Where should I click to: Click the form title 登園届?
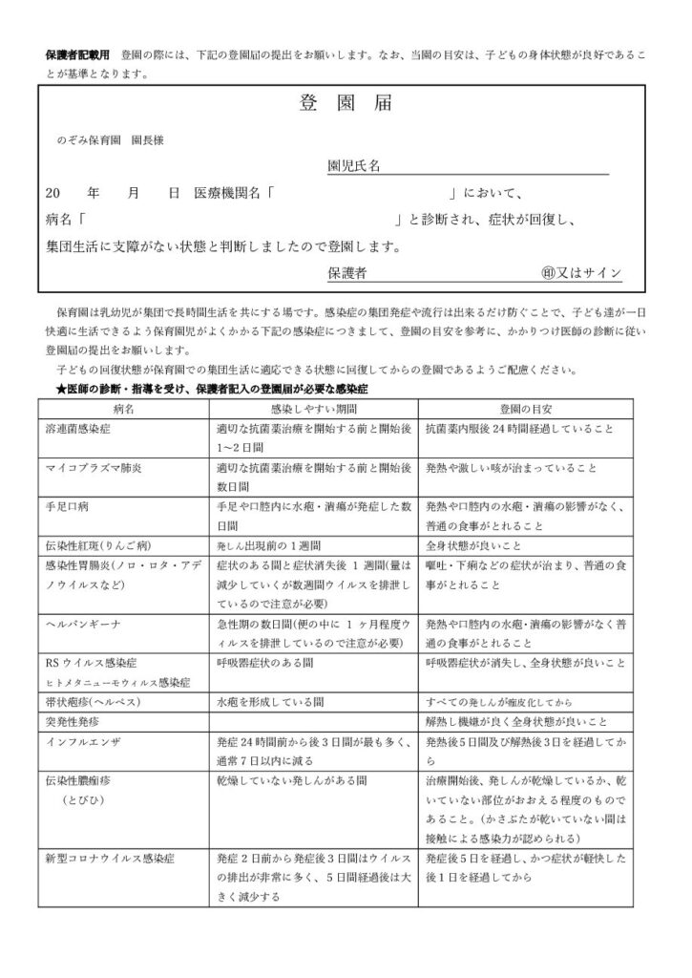[x=346, y=103]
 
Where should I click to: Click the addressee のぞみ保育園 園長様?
[x=111, y=139]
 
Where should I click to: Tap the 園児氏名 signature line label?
[x=354, y=165]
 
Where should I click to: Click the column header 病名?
[x=123, y=408]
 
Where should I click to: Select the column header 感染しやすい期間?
[x=313, y=408]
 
